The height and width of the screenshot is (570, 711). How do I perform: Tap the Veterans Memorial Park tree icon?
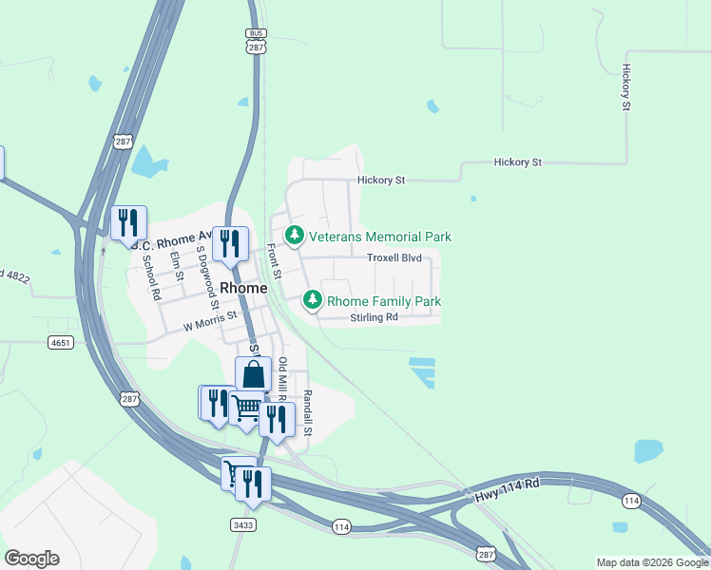pos(295,235)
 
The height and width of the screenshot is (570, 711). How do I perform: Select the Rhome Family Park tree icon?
pos(312,300)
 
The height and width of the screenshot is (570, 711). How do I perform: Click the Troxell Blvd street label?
pos(394,257)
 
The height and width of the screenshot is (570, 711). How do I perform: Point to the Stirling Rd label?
pos(374,317)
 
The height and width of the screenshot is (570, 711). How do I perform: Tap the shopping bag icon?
pos(254,373)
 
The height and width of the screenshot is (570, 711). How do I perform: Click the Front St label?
pos(274,261)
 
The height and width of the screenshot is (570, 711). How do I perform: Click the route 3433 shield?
pos(242,523)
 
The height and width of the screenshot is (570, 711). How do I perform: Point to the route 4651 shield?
pos(60,343)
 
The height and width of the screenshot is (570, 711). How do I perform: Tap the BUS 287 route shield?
pos(255,39)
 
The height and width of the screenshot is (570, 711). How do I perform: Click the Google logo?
pos(31,559)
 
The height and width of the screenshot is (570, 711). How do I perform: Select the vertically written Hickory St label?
pos(626,88)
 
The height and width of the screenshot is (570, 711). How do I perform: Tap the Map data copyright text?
pos(651,562)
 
